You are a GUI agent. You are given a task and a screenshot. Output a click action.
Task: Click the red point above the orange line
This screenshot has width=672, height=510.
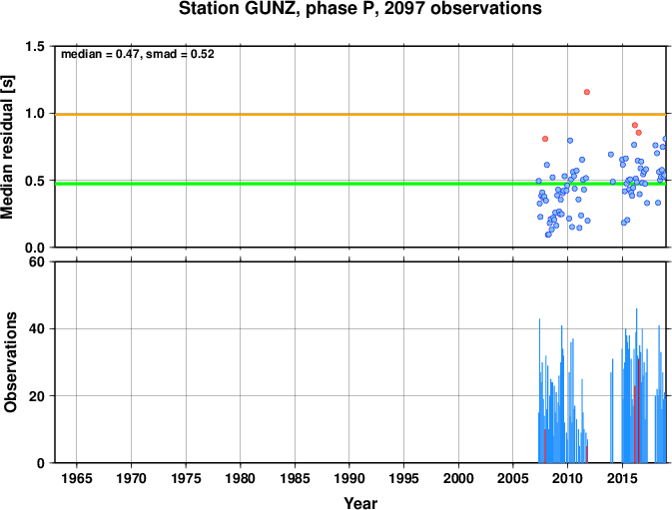[x=587, y=92]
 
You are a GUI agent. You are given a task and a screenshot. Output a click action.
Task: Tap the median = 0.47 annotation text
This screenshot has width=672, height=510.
[x=100, y=54]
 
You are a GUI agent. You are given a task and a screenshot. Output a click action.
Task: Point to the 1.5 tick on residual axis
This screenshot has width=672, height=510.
[x=35, y=46]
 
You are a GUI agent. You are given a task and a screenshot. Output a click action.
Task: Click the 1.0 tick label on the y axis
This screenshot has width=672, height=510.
[x=35, y=114]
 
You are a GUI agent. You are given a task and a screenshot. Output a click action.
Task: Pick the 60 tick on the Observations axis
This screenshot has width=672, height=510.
[x=37, y=261]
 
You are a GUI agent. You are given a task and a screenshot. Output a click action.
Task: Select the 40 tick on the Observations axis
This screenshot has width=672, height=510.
[x=37, y=329]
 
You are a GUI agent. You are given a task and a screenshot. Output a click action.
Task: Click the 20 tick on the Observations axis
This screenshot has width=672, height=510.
[x=37, y=396]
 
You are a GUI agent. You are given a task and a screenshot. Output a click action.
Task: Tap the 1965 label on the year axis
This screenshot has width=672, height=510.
[x=77, y=478]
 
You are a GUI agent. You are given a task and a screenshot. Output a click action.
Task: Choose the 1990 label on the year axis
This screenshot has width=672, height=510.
[x=349, y=478]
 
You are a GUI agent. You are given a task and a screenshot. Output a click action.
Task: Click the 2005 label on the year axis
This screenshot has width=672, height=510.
[x=513, y=478]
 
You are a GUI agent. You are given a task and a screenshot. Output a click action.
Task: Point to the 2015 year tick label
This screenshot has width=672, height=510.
[x=622, y=478]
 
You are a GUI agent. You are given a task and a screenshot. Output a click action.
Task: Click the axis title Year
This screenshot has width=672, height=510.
[x=360, y=503]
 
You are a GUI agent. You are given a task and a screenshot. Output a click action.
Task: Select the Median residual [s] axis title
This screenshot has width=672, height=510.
[x=8, y=147]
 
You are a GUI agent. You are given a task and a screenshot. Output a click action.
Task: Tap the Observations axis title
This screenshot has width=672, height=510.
[x=10, y=362]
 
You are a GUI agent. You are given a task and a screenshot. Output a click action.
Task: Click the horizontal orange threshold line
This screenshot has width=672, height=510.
[x=360, y=115]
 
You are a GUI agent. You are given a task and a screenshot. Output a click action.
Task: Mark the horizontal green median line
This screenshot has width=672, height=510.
[x=360, y=184]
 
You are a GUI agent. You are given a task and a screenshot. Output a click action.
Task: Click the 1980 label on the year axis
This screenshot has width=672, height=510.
[x=241, y=478]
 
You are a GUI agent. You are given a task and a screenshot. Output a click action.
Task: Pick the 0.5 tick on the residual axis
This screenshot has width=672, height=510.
[x=35, y=181]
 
